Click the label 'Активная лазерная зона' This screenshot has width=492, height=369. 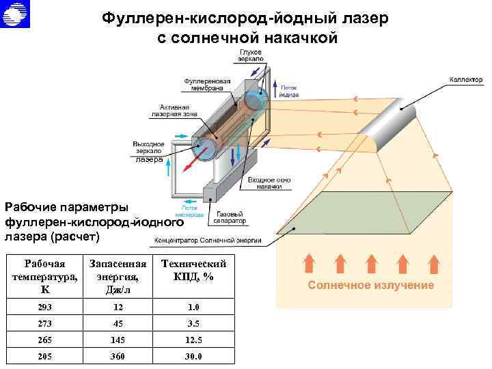click(178, 111)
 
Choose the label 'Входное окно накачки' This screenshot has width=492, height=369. click(269, 182)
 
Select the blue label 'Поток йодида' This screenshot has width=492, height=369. click(293, 91)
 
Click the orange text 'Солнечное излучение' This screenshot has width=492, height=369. click(370, 285)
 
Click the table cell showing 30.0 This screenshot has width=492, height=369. click(192, 356)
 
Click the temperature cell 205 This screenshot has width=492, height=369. click(44, 356)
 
